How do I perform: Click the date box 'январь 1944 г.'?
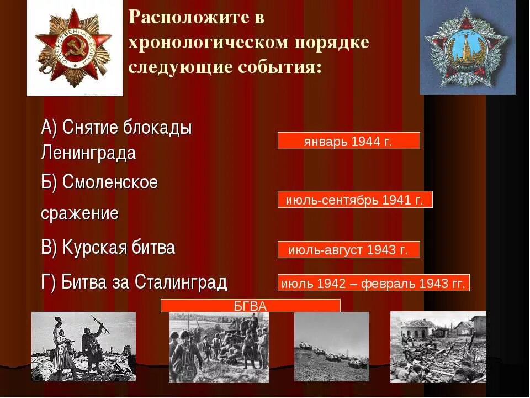click(x=348, y=141)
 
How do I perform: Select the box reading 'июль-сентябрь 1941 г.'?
click(x=354, y=200)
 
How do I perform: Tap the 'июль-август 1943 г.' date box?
click(x=348, y=250)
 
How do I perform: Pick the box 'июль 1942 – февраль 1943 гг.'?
click(x=374, y=283)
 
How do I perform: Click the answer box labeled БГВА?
click(x=250, y=306)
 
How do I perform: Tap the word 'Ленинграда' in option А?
click(x=88, y=153)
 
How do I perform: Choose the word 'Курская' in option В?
click(x=94, y=248)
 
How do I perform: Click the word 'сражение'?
click(x=80, y=213)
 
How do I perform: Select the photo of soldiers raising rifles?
click(x=83, y=346)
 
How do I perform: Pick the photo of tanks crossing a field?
click(x=331, y=346)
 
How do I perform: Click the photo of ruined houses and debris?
click(x=438, y=346)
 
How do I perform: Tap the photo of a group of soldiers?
click(x=219, y=347)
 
